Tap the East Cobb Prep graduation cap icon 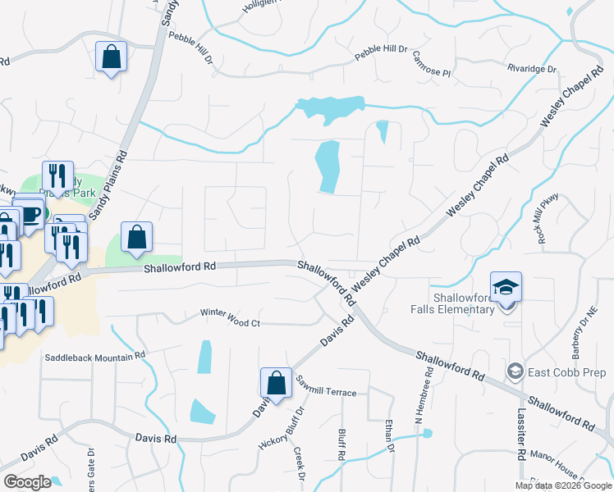point(515,371)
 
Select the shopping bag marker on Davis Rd point(277,383)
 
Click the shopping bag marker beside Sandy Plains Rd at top point(111,57)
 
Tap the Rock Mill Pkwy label point(544,217)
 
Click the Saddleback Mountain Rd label point(94,357)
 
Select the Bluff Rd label point(341,442)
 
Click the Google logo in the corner point(28,481)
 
